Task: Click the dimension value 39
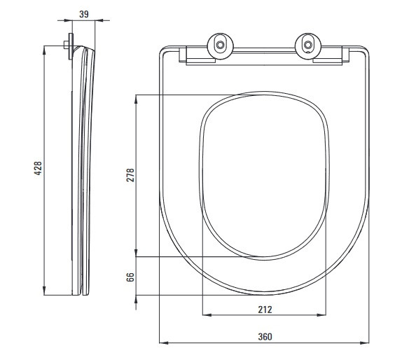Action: (84, 14)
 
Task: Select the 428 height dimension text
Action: (38, 168)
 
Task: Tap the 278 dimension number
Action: (130, 175)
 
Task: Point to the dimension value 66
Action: (130, 277)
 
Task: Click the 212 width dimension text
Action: (265, 310)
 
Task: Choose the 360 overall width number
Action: (265, 337)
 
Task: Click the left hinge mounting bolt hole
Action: (220, 45)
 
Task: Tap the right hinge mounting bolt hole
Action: (307, 45)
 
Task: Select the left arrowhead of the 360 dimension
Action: (164, 342)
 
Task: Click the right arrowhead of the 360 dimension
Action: (364, 342)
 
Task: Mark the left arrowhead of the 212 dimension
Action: (207, 315)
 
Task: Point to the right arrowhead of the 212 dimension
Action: (321, 315)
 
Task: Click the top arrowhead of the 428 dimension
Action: (44, 50)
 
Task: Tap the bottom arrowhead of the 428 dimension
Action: (44, 291)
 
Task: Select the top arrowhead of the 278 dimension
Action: (136, 99)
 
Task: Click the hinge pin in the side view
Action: (66, 46)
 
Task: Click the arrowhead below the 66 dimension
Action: (136, 300)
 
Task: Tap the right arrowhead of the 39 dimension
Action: (99, 20)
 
